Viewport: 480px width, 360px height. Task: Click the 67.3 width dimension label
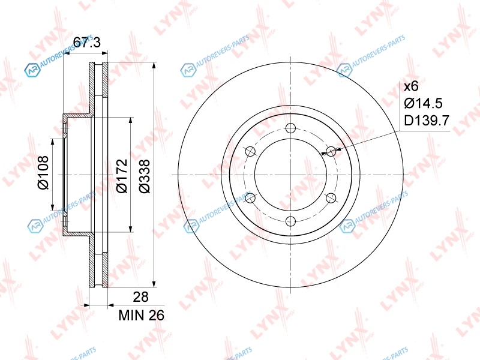click(x=87, y=43)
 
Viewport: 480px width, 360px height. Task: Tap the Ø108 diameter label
click(x=43, y=172)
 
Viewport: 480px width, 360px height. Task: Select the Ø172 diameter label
click(x=122, y=176)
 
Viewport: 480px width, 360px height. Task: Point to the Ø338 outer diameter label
click(x=145, y=176)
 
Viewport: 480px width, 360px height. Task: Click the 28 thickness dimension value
click(x=141, y=296)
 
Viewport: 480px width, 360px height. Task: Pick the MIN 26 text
click(x=142, y=316)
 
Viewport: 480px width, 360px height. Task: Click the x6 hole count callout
click(x=411, y=86)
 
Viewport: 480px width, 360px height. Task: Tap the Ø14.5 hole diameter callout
click(x=424, y=103)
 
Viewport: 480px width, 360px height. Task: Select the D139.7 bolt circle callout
click(x=427, y=121)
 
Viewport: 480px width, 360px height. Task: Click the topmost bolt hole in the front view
click(x=290, y=128)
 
